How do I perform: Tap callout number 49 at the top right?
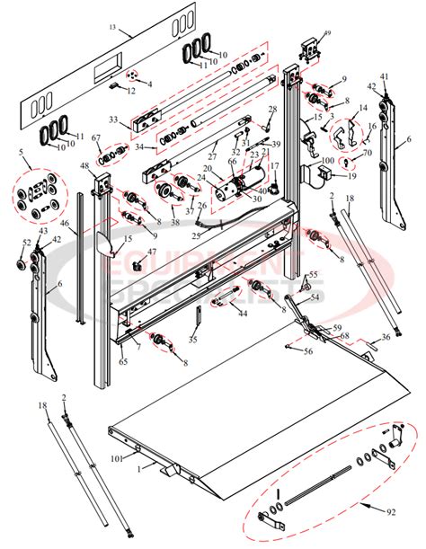[326, 34]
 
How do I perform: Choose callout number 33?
[114, 119]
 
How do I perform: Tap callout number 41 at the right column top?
[385, 76]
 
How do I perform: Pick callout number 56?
[308, 352]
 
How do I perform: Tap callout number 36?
[385, 336]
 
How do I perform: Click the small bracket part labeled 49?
[310, 50]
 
